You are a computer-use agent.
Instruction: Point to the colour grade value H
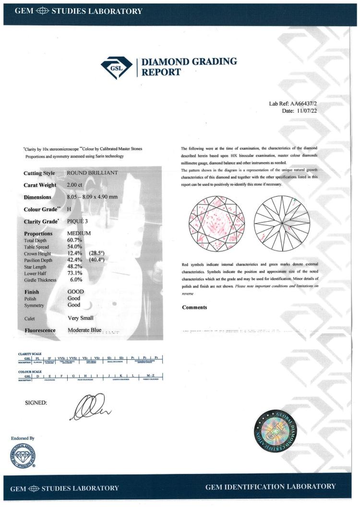coord(70,209)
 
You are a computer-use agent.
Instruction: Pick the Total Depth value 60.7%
coord(74,239)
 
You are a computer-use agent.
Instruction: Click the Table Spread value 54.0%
coord(74,246)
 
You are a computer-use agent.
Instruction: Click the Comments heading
coord(194,308)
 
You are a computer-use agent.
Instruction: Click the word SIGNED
coord(36,402)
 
